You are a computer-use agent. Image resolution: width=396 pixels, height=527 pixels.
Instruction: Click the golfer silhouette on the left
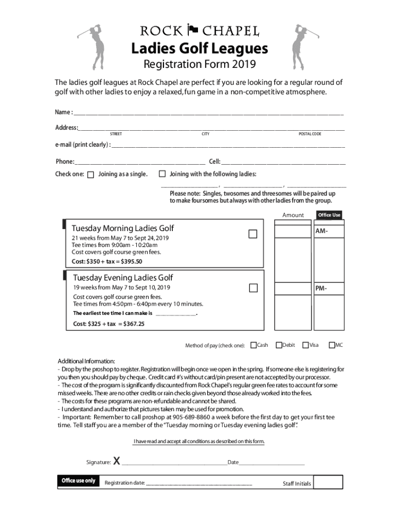click(x=94, y=46)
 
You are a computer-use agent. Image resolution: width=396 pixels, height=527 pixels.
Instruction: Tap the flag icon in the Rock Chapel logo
click(x=193, y=29)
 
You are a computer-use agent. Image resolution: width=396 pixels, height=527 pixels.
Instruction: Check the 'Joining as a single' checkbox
click(x=91, y=174)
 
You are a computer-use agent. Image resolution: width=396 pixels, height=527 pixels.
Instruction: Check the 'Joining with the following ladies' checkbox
click(x=163, y=174)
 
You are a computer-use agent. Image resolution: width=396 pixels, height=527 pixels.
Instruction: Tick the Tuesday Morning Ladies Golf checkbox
click(x=253, y=234)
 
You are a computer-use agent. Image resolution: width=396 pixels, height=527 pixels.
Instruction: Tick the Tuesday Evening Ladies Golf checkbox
click(x=253, y=287)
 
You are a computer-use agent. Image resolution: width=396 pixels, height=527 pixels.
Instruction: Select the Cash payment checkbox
click(x=254, y=345)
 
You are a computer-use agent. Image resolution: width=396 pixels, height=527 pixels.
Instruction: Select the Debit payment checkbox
click(x=279, y=345)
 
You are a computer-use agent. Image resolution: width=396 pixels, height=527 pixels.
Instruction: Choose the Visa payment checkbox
click(x=305, y=345)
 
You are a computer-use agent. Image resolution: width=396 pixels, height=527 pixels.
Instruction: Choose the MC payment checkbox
click(x=332, y=345)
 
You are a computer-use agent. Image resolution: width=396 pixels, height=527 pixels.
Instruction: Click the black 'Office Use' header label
click(x=329, y=215)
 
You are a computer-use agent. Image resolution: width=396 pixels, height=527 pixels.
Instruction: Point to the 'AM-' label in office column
click(x=322, y=232)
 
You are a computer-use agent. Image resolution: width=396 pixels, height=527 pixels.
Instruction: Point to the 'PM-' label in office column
click(x=321, y=288)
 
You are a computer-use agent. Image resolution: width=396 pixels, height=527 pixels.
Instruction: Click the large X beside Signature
click(x=117, y=461)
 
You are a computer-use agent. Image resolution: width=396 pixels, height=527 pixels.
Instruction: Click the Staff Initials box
click(x=328, y=482)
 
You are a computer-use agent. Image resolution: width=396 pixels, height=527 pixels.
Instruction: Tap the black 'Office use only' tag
click(x=78, y=481)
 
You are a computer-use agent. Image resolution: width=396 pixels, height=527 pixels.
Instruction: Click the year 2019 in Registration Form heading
click(x=244, y=65)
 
